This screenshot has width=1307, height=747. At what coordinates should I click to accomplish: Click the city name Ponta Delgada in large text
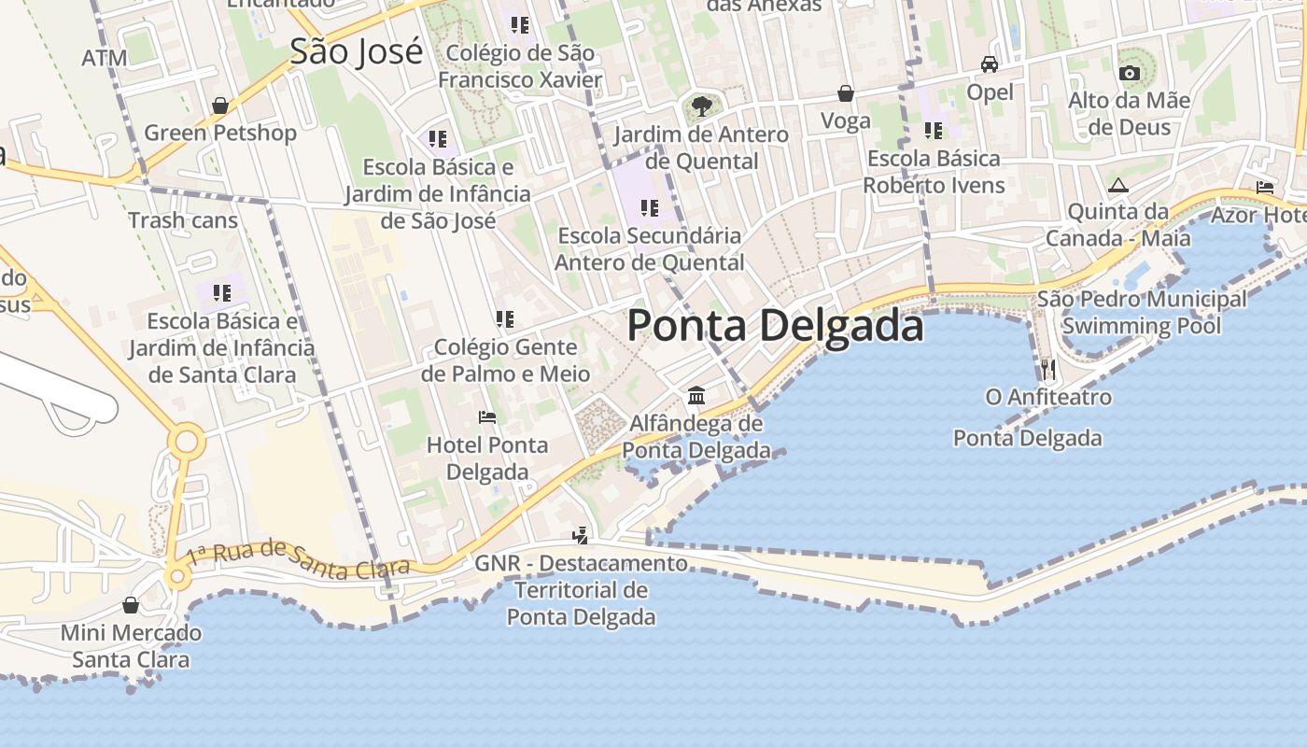pyautogui.click(x=775, y=326)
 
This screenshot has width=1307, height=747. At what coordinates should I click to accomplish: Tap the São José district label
pyautogui.click(x=356, y=51)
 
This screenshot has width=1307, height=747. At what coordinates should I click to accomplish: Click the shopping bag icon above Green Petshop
pyautogui.click(x=220, y=106)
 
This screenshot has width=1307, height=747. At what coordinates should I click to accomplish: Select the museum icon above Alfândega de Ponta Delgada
pyautogui.click(x=696, y=396)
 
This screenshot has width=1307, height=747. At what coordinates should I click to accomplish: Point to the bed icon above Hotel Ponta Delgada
pyautogui.click(x=486, y=416)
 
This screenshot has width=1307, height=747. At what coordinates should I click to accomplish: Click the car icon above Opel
pyautogui.click(x=990, y=64)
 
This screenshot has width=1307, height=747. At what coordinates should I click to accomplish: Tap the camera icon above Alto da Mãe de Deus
pyautogui.click(x=1129, y=73)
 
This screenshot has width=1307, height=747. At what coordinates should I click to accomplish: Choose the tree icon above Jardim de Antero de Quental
pyautogui.click(x=702, y=106)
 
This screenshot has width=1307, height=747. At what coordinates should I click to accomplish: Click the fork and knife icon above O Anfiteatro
pyautogui.click(x=1048, y=370)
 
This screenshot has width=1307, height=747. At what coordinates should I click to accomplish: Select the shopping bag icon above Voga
pyautogui.click(x=846, y=93)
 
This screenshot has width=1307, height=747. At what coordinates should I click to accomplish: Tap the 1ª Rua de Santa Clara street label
pyautogui.click(x=298, y=558)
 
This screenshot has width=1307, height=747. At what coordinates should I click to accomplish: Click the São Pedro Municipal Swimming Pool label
pyautogui.click(x=1141, y=313)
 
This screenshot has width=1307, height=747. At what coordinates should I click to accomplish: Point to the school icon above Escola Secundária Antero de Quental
pyautogui.click(x=650, y=208)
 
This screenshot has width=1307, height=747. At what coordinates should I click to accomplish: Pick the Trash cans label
pyautogui.click(x=183, y=221)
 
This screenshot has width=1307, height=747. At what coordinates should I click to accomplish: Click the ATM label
pyautogui.click(x=104, y=58)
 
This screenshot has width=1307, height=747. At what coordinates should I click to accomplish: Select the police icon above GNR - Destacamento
pyautogui.click(x=581, y=536)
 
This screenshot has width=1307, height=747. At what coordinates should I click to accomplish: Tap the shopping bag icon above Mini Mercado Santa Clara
pyautogui.click(x=131, y=605)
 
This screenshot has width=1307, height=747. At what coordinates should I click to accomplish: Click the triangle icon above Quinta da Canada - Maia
pyautogui.click(x=1118, y=185)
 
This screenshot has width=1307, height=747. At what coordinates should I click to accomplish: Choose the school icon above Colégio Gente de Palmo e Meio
pyautogui.click(x=505, y=319)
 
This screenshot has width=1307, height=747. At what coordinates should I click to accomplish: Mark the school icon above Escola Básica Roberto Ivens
pyautogui.click(x=933, y=131)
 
